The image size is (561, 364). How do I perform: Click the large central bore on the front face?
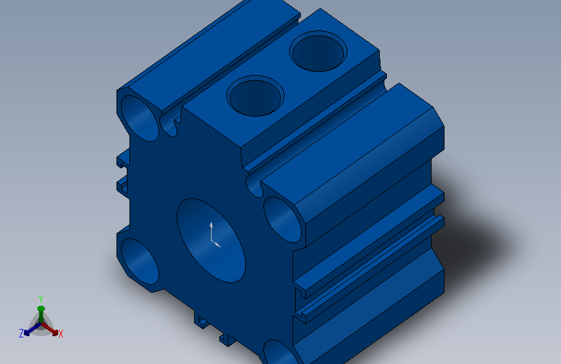pos(211,240)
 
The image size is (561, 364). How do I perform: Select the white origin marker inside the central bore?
pos(214,235)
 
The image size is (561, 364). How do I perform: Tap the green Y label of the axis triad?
pos(40,299)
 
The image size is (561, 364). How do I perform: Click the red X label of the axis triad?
pos(60,334)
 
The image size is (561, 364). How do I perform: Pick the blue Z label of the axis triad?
pos(21,334)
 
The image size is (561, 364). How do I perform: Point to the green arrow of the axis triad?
pos(41,315)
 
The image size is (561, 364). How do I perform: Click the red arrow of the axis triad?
pos(49,329)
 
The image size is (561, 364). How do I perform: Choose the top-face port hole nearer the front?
pos(255,96)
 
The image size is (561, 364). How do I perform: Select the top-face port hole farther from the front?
pos(318,51)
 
